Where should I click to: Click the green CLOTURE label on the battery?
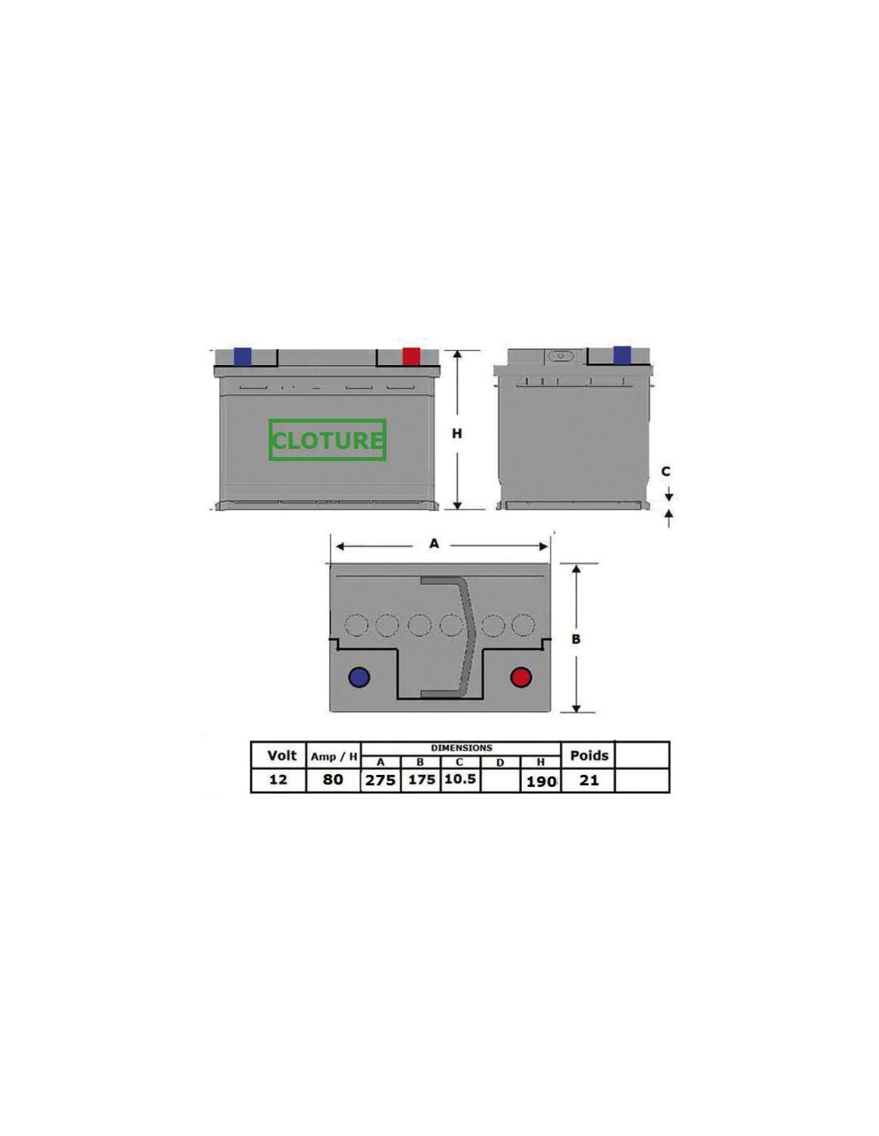click(328, 439)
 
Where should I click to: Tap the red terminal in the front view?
click(411, 356)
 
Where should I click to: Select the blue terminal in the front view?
click(242, 356)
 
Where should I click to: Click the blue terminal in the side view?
click(622, 355)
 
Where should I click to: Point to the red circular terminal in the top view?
click(521, 677)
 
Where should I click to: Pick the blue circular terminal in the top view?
click(359, 677)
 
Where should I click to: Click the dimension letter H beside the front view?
click(457, 433)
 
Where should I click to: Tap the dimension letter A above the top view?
click(434, 544)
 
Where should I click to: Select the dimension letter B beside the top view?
click(575, 639)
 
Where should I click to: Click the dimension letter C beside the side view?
click(666, 471)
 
